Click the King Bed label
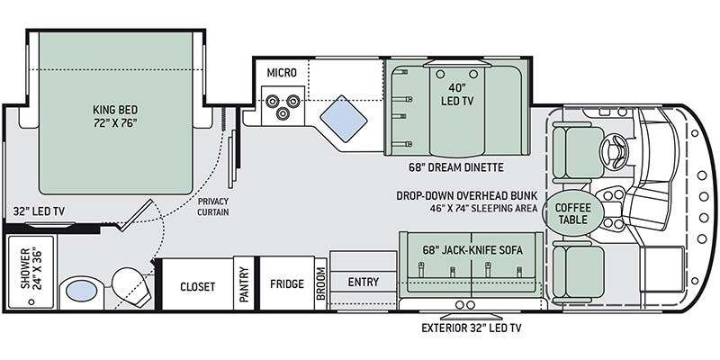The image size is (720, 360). [115, 116]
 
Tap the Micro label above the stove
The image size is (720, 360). [282, 73]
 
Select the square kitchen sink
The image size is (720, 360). [344, 119]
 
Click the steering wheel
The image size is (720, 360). [614, 149]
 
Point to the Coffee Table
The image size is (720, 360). [572, 213]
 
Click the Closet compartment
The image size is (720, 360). [197, 284]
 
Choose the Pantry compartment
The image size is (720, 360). [244, 284]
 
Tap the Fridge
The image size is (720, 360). [287, 283]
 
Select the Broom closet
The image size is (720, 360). [321, 284]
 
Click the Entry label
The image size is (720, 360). [364, 282]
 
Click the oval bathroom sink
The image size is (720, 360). [81, 291]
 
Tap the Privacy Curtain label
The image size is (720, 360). [213, 207]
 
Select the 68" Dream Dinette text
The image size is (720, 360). [456, 167]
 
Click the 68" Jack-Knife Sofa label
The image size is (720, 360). [472, 250]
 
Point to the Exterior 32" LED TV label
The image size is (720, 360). [472, 328]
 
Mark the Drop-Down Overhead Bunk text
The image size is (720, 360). [467, 195]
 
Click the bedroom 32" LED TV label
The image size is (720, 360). [39, 211]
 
